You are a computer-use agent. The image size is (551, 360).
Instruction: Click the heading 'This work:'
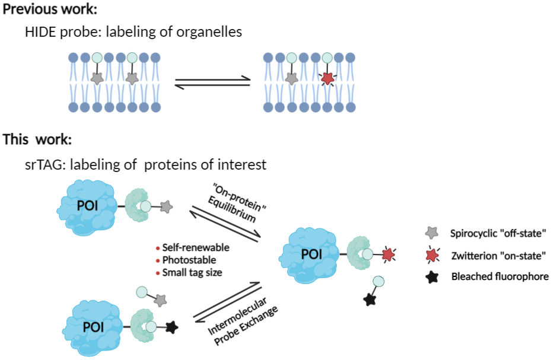(37, 140)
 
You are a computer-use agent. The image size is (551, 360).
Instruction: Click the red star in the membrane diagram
(327, 78)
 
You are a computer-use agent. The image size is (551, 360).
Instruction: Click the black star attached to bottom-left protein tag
(172, 326)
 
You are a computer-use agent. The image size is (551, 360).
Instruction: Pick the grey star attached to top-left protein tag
(167, 206)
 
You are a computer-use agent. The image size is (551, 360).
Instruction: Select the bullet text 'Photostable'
(189, 260)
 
